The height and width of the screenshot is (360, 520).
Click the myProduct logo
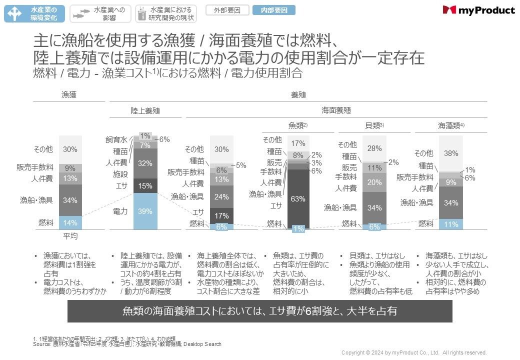point(478,10)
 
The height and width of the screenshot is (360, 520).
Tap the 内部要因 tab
point(273,10)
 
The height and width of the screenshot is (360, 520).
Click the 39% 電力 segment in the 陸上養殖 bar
point(145,211)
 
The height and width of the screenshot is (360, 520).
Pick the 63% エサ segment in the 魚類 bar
point(298,198)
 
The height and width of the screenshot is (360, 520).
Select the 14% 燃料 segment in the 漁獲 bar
point(70,223)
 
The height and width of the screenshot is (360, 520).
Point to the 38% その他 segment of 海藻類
point(451,153)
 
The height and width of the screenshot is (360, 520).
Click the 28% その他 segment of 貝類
point(374,148)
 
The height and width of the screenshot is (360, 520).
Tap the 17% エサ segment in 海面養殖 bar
point(221,215)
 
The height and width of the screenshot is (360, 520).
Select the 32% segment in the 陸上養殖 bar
point(145,163)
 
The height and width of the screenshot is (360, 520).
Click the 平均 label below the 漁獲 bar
point(70,236)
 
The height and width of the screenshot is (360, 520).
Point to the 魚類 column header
point(298,125)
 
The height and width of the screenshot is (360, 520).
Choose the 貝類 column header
point(374,125)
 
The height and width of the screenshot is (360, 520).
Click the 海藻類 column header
point(451,125)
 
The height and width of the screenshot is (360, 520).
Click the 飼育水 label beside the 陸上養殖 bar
point(116,140)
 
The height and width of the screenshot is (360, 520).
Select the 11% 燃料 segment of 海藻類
point(451,224)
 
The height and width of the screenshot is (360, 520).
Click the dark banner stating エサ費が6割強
point(259,311)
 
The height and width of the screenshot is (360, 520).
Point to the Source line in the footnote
point(127,344)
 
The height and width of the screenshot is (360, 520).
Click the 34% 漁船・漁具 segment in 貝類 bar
point(374,207)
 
